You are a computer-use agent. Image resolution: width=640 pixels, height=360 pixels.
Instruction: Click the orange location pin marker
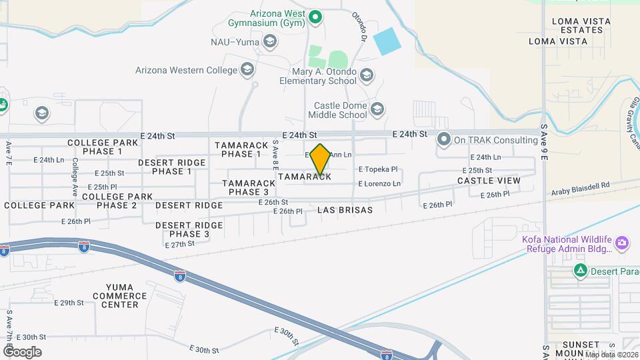tap(320, 159)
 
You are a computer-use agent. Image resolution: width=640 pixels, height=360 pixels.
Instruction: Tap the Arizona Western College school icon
tap(247, 69)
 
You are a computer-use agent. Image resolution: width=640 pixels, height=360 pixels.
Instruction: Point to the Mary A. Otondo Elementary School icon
tap(366, 75)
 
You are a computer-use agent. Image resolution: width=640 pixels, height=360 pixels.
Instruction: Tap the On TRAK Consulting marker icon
tap(444, 140)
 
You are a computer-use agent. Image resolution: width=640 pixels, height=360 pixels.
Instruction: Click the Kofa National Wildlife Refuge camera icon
tap(622, 243)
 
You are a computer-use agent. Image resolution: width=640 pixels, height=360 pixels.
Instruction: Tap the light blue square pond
tap(387, 41)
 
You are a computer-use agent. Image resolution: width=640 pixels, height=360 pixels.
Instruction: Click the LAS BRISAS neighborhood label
tap(345, 209)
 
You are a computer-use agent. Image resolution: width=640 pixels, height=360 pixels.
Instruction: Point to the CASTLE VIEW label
tap(489, 181)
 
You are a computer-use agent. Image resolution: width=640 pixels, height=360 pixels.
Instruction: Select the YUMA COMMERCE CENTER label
tap(121, 295)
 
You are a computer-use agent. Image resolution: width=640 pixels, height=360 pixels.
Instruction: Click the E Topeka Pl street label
tap(378, 169)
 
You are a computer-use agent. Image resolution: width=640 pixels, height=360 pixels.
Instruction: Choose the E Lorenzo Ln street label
tap(379, 183)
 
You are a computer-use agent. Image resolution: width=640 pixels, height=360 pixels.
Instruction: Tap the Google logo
tap(22, 351)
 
